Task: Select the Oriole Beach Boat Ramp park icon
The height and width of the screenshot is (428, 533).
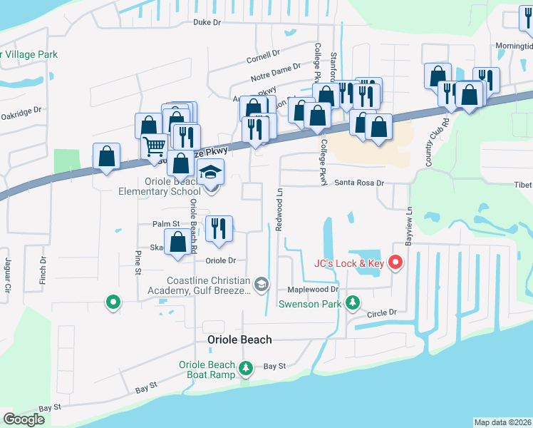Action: (246, 368)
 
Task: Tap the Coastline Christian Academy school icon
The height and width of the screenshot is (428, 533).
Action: (262, 285)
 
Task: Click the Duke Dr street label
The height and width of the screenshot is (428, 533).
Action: (207, 22)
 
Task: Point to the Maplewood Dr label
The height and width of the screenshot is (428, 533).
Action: (313, 290)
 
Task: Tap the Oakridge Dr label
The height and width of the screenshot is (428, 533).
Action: (21, 114)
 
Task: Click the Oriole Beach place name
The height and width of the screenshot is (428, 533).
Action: (239, 340)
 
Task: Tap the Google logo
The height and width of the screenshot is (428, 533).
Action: (24, 419)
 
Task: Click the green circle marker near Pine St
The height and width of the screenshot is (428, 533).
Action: (112, 302)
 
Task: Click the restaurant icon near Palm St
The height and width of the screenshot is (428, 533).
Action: (219, 228)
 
